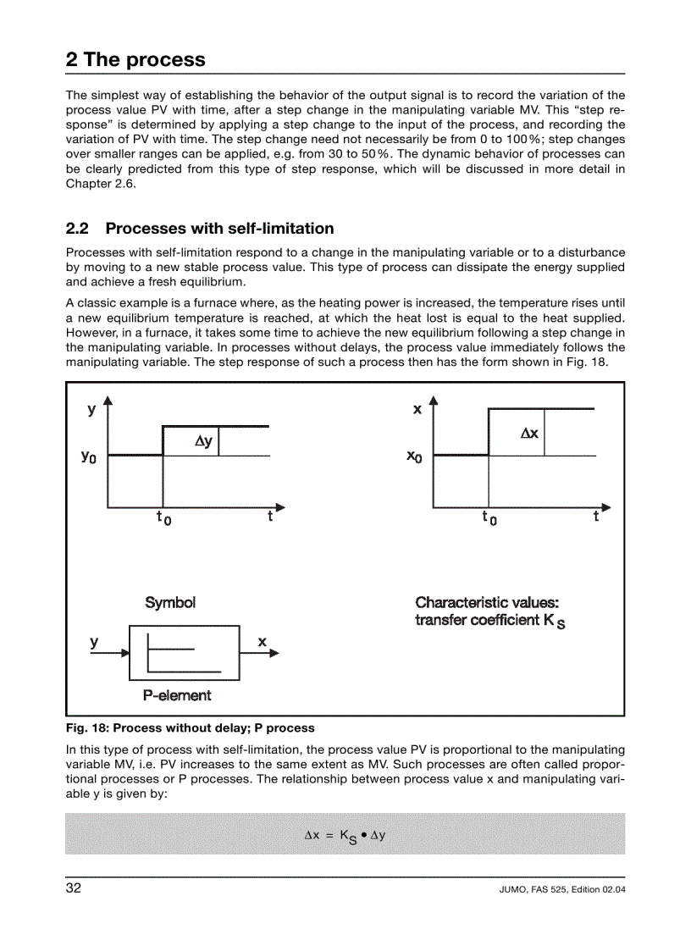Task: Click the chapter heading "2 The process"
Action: (x=135, y=59)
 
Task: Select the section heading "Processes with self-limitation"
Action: (x=219, y=229)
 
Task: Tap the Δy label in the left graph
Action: (x=203, y=441)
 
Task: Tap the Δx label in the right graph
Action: (x=529, y=433)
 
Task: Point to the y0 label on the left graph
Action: (x=88, y=456)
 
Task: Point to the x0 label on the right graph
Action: (x=414, y=456)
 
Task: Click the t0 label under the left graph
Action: (x=163, y=517)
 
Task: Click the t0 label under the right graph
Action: (x=489, y=517)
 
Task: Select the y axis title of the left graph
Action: (x=91, y=410)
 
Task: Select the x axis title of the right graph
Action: (x=417, y=410)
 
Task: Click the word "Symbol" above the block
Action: (x=170, y=603)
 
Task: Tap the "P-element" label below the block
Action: (x=177, y=695)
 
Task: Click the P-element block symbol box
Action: (x=184, y=653)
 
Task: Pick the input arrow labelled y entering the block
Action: (x=110, y=653)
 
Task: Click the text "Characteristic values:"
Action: (x=486, y=603)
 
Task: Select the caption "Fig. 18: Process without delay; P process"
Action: (x=190, y=727)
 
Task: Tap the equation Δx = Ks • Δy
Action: (x=345, y=835)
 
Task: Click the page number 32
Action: (x=74, y=888)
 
